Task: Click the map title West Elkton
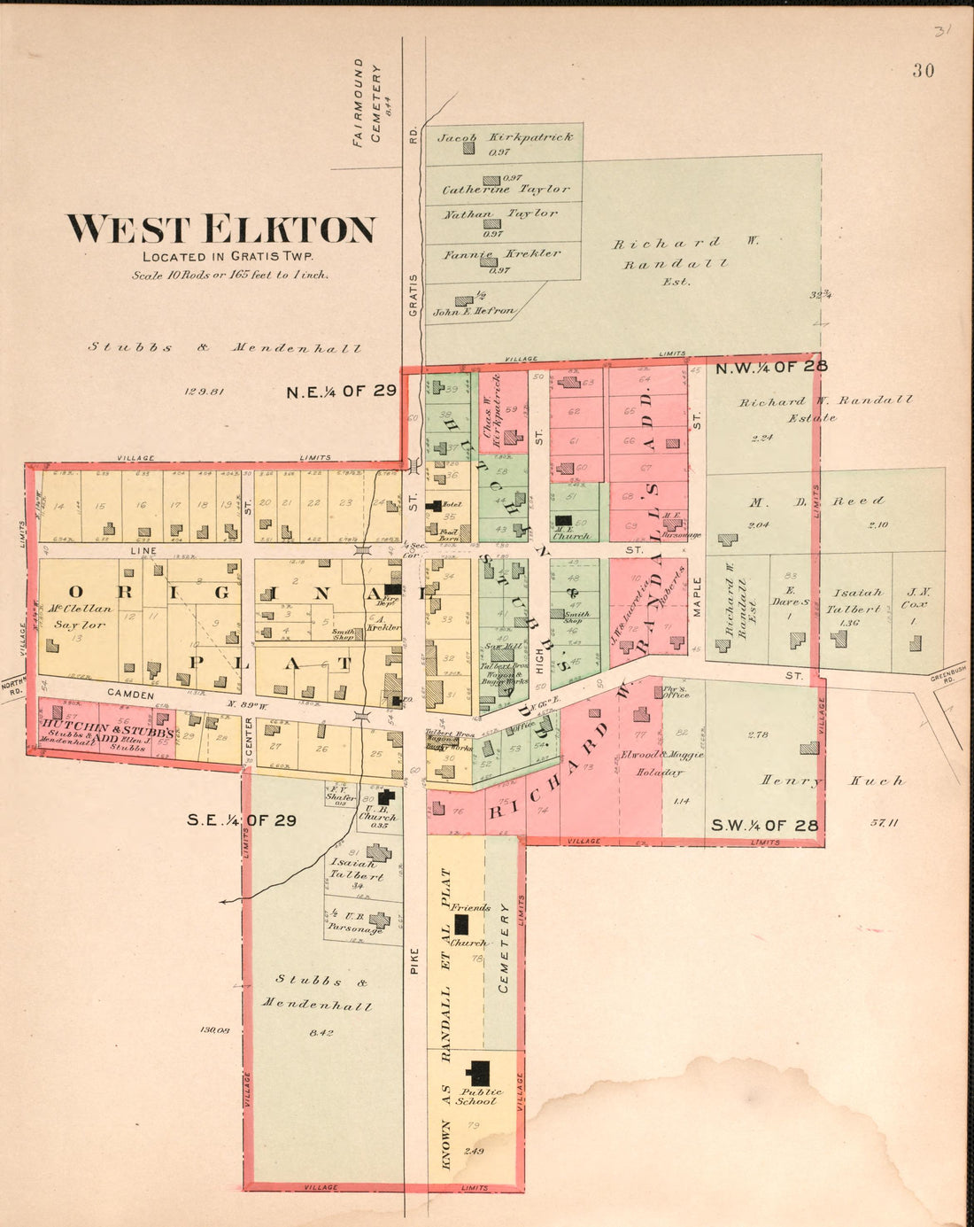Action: pos(220,229)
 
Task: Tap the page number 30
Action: pos(923,71)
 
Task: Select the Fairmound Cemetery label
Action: pos(367,103)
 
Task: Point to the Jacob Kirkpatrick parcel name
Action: pos(505,137)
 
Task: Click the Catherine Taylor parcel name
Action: pos(506,190)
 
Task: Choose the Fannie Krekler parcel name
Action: pos(501,254)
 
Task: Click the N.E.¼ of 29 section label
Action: pos(341,391)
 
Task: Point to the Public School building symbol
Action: pos(480,1073)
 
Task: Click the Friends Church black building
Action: pos(461,925)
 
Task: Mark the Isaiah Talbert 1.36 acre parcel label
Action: pos(856,602)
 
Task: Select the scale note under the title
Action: pos(230,276)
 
